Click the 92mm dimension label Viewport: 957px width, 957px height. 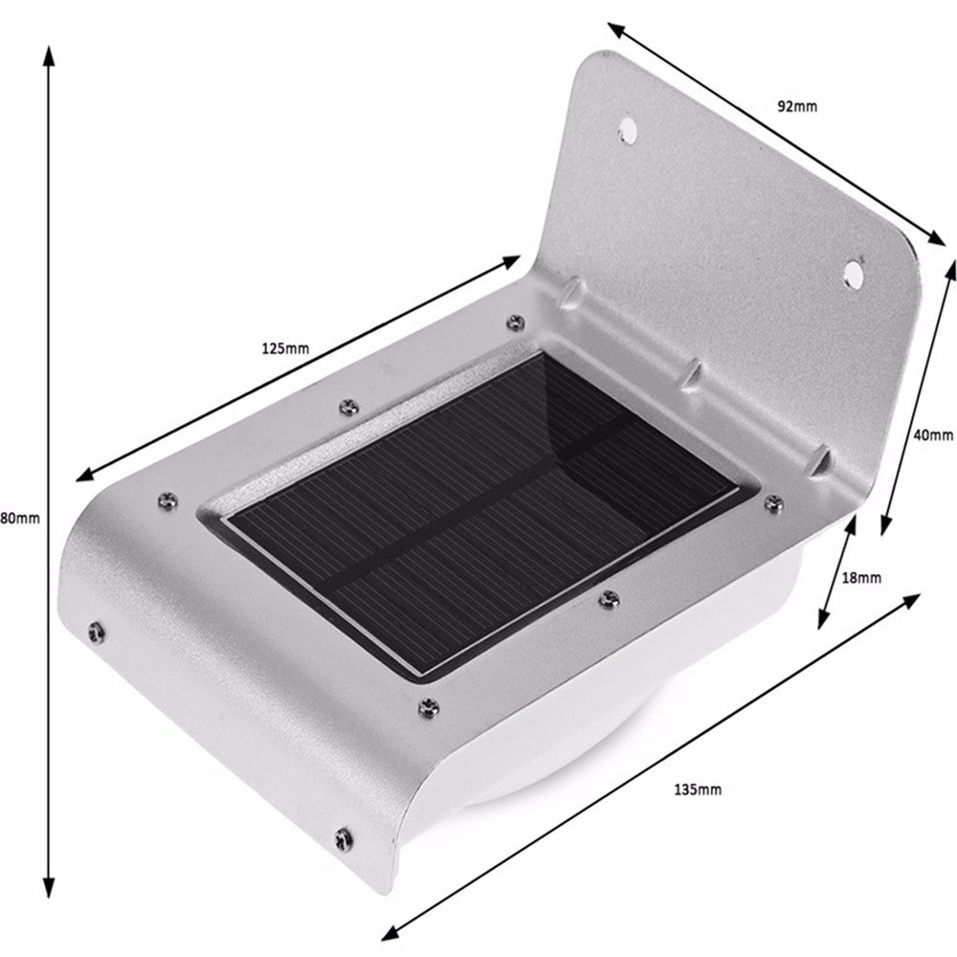point(796,107)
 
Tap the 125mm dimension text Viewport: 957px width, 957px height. point(285,349)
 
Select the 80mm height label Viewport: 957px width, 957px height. point(19,519)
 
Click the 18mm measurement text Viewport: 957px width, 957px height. point(860,577)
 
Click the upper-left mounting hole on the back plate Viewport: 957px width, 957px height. point(628,126)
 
